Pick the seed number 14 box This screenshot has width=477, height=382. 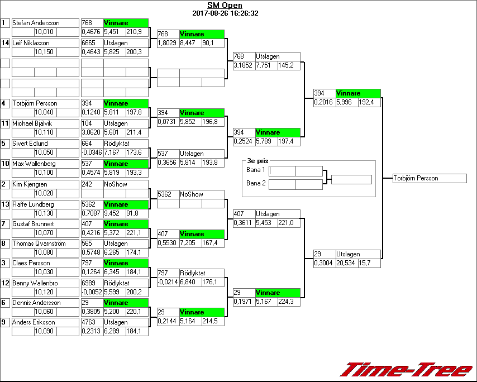[x=5, y=43]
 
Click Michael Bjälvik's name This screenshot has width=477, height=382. [x=32, y=123]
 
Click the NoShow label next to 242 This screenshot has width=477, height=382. [x=114, y=184]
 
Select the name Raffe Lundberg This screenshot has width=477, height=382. [x=31, y=204]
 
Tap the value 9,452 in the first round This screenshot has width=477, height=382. [x=114, y=213]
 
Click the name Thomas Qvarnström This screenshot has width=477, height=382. [x=39, y=243]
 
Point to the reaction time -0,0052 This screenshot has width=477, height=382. [x=92, y=292]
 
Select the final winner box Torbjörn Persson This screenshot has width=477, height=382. [x=429, y=178]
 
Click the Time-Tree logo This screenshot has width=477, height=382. [x=406, y=370]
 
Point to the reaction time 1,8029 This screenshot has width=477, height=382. [x=168, y=42]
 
